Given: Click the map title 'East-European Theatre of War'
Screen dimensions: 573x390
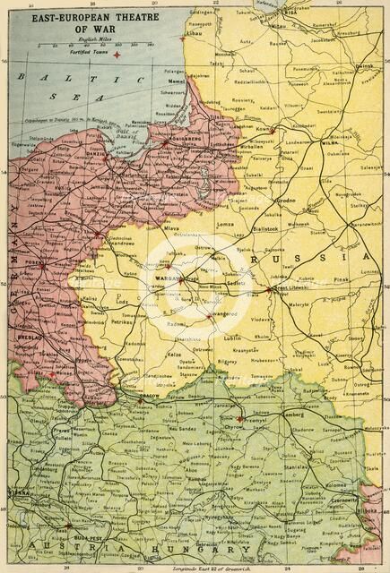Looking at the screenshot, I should click(x=85, y=21).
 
